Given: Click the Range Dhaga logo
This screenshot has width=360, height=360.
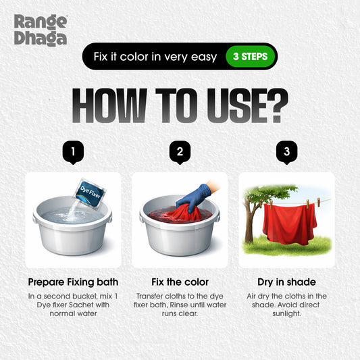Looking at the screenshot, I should click(x=41, y=30).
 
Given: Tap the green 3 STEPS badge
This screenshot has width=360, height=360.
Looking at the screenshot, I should click(x=249, y=57).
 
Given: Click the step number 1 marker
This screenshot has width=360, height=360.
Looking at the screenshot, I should click(x=73, y=153).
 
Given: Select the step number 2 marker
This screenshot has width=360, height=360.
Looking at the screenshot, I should click(x=180, y=153).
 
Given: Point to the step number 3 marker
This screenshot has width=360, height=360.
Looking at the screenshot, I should click(x=287, y=153).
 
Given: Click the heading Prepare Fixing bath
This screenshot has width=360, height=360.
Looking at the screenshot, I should click(x=73, y=281).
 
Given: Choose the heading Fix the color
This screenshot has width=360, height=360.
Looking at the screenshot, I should click(x=180, y=281).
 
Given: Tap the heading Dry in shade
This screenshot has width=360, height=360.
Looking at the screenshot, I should click(x=286, y=281).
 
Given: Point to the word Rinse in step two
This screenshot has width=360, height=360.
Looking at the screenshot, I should click(x=189, y=305).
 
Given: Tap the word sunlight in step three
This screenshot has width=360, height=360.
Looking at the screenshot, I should click(x=287, y=314).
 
